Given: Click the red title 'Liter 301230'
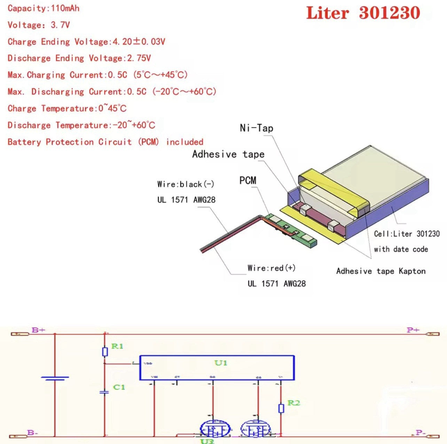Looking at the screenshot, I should pos(363,13).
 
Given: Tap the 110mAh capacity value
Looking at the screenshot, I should pos(65,8).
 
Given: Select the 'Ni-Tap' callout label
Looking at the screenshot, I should pos(257,128).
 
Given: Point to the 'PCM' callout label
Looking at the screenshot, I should pos(248,180).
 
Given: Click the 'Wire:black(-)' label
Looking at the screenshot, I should pos(186,184).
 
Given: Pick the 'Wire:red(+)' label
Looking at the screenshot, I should pos(272,268).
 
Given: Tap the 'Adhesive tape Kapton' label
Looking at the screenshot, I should pos(381,271).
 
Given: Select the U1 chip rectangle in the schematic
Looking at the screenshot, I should pos(217,368).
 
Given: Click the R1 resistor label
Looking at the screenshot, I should pos(117,346).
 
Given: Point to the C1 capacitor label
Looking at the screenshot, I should pos(119,387).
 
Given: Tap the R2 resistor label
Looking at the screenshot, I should pos(293,403).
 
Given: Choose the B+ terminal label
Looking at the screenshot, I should pos(38,330).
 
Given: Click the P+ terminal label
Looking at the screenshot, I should pos(413,330).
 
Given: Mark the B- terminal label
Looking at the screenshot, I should pos(33,433).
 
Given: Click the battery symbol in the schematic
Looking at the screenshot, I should pos(55,378).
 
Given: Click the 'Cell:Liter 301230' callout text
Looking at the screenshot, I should pos(407,234).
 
